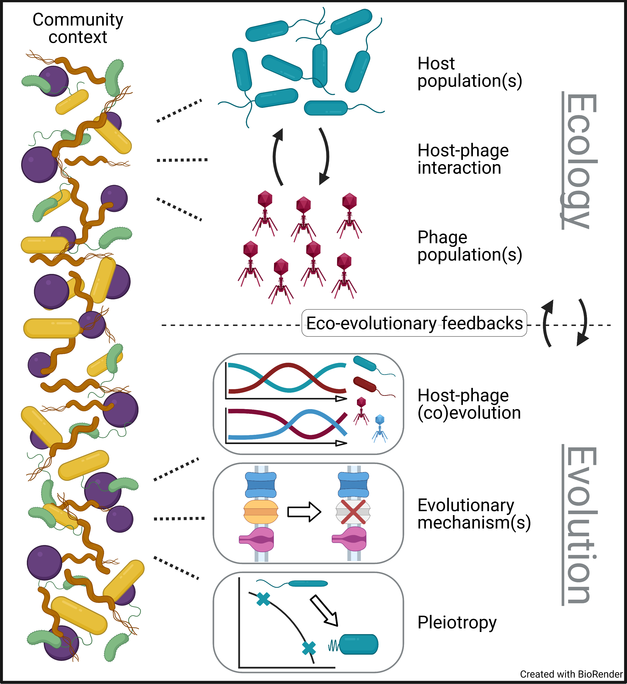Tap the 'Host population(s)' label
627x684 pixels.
pos(469,72)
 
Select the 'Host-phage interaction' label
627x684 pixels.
pos(463,159)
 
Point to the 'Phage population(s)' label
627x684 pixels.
pos(469,246)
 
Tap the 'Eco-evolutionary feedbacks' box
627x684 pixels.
pos(414,323)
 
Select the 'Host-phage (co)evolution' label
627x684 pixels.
pos(469,404)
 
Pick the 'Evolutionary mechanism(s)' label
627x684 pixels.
pos(474,514)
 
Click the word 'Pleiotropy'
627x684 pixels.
pos(457,622)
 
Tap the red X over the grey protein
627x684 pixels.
pos(353,512)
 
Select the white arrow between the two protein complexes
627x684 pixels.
pos(304,512)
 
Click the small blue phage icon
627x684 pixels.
pos(380,428)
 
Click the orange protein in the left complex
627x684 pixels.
pos(261,512)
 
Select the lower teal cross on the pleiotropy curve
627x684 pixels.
pos(309,648)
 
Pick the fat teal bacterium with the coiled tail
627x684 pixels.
pos(358,644)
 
